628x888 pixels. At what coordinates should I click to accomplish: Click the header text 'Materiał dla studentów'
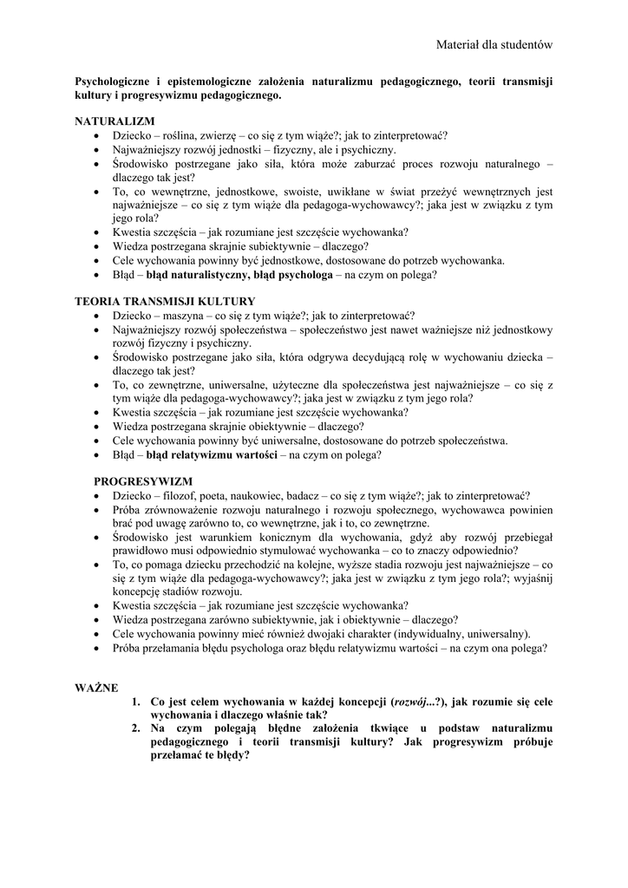(494, 44)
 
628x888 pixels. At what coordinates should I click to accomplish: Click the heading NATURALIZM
(114, 121)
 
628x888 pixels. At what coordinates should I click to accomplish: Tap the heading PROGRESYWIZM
(143, 480)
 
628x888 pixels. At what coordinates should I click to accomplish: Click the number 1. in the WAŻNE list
(137, 701)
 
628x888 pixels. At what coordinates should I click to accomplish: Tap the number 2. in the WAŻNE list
(137, 728)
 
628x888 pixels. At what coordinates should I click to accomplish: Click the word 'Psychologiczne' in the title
(116, 82)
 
